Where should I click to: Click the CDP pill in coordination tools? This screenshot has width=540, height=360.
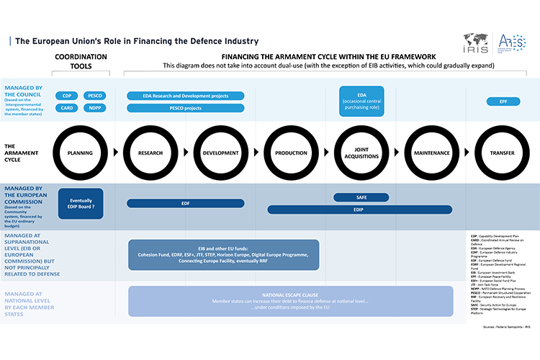[67, 96]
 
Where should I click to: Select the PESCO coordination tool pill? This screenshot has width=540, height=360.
[95, 96]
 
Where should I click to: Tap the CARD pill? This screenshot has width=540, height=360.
[67, 108]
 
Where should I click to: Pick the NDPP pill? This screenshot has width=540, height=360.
[95, 108]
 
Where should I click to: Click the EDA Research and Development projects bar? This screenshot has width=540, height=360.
[186, 96]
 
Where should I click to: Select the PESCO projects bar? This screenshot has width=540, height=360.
[186, 108]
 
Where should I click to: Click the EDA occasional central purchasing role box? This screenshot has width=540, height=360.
[361, 102]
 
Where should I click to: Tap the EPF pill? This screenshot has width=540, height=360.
[503, 102]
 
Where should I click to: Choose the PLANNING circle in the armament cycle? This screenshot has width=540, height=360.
[80, 153]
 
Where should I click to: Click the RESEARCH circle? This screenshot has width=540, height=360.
[150, 153]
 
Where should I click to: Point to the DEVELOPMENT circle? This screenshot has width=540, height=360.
[220, 153]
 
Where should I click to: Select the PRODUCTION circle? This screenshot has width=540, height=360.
[291, 153]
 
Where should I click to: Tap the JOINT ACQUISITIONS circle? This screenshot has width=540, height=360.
[361, 153]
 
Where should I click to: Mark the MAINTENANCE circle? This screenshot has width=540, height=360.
[432, 153]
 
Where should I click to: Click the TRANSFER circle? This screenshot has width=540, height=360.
[502, 153]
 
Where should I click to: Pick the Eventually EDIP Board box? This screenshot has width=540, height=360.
[81, 204]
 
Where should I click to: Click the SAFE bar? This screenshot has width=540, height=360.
[361, 197]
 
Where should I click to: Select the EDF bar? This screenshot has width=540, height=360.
[186, 204]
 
